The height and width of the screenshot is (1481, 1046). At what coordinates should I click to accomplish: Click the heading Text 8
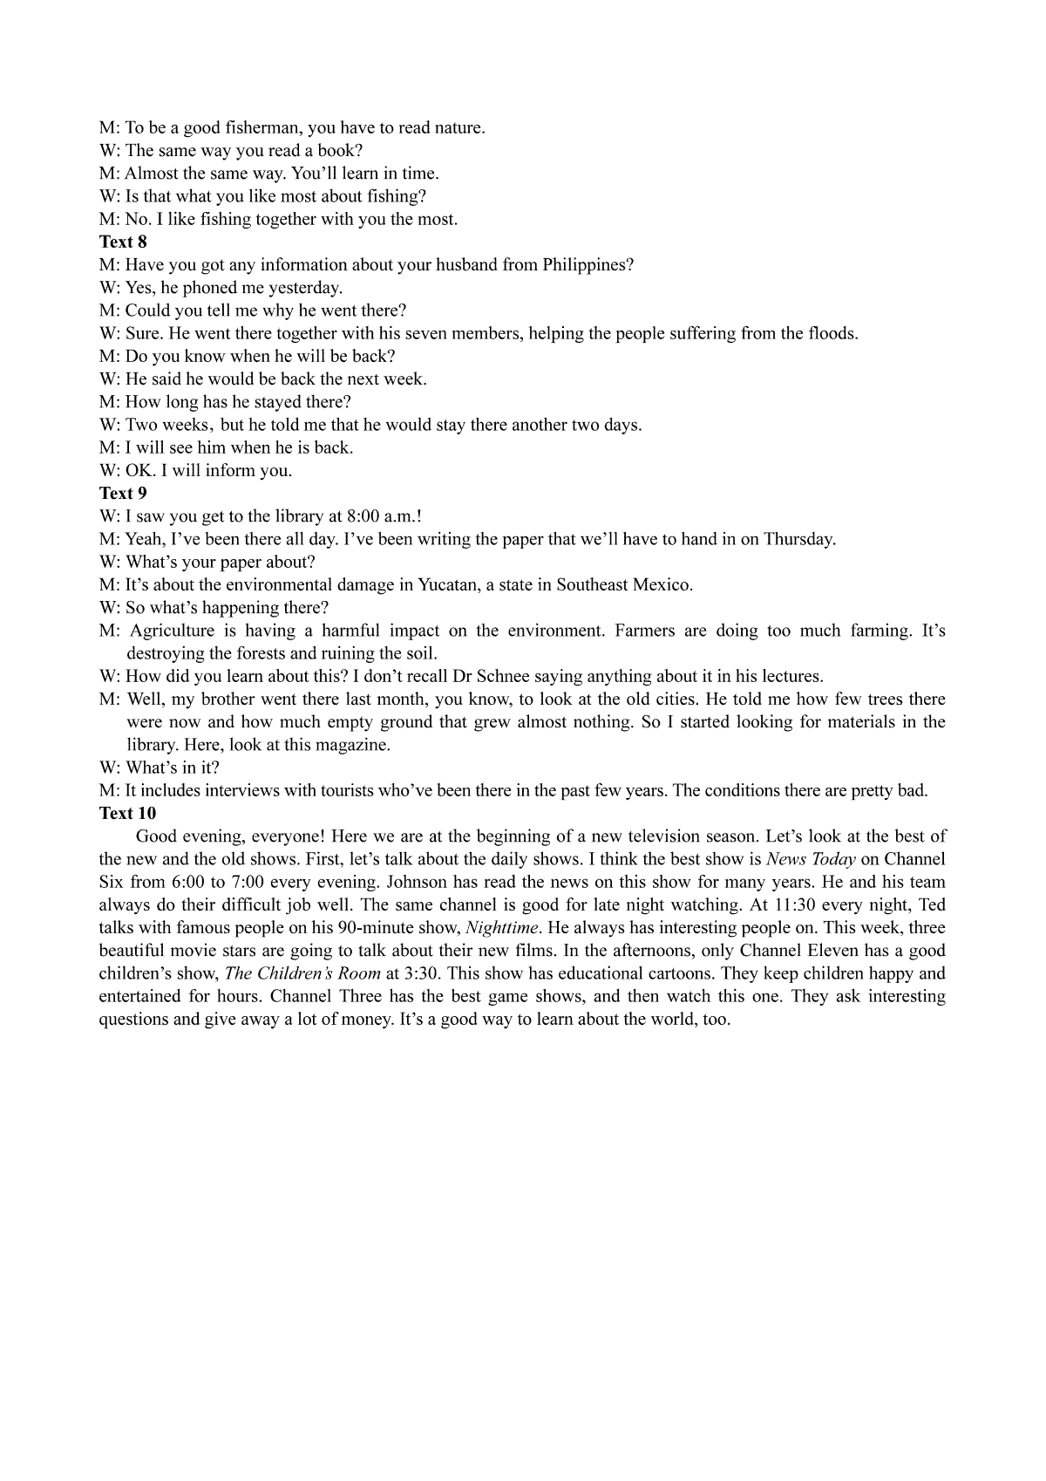[123, 242]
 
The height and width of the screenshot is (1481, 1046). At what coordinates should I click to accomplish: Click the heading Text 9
[123, 493]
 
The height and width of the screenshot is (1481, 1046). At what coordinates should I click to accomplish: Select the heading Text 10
[127, 813]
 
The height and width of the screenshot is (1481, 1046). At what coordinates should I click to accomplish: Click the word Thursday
[798, 539]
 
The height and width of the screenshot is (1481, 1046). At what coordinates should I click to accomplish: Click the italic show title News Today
[810, 859]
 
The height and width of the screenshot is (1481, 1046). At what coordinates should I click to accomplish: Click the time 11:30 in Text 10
[793, 904]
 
